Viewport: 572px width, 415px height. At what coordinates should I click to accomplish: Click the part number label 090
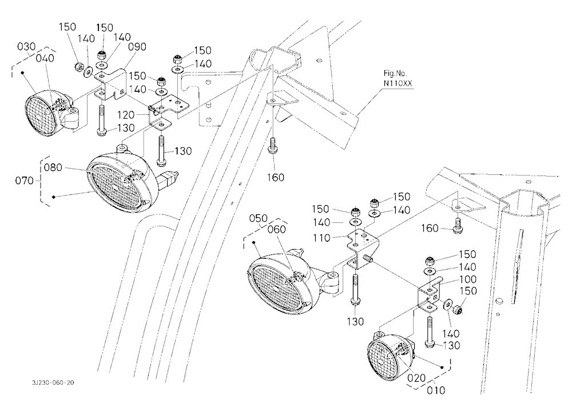pyautogui.click(x=137, y=47)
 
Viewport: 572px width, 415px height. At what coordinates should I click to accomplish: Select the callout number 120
pyautogui.click(x=126, y=115)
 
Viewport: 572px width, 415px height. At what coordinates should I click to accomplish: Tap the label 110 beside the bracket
pyautogui.click(x=321, y=238)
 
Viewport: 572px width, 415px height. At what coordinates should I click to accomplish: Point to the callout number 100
pyautogui.click(x=468, y=280)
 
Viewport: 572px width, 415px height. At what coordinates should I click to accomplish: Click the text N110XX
pyautogui.click(x=398, y=83)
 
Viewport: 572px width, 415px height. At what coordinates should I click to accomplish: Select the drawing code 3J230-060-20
pyautogui.click(x=53, y=382)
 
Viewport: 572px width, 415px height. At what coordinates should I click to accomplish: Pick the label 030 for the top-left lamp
pyautogui.click(x=26, y=47)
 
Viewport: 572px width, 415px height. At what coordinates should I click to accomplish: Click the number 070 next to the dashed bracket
pyautogui.click(x=24, y=181)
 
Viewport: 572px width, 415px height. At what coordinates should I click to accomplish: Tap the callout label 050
pyautogui.click(x=259, y=218)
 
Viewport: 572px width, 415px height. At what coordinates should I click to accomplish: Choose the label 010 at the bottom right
pyautogui.click(x=436, y=390)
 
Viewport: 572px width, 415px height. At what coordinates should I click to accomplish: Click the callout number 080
pyautogui.click(x=53, y=167)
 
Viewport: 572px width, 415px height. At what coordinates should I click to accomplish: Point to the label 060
pyautogui.click(x=276, y=229)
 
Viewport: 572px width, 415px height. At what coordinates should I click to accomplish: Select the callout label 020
pyautogui.click(x=416, y=378)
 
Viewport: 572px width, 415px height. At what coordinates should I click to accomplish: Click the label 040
pyautogui.click(x=45, y=58)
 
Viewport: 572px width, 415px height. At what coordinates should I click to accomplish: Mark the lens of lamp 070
pyautogui.click(x=116, y=187)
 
